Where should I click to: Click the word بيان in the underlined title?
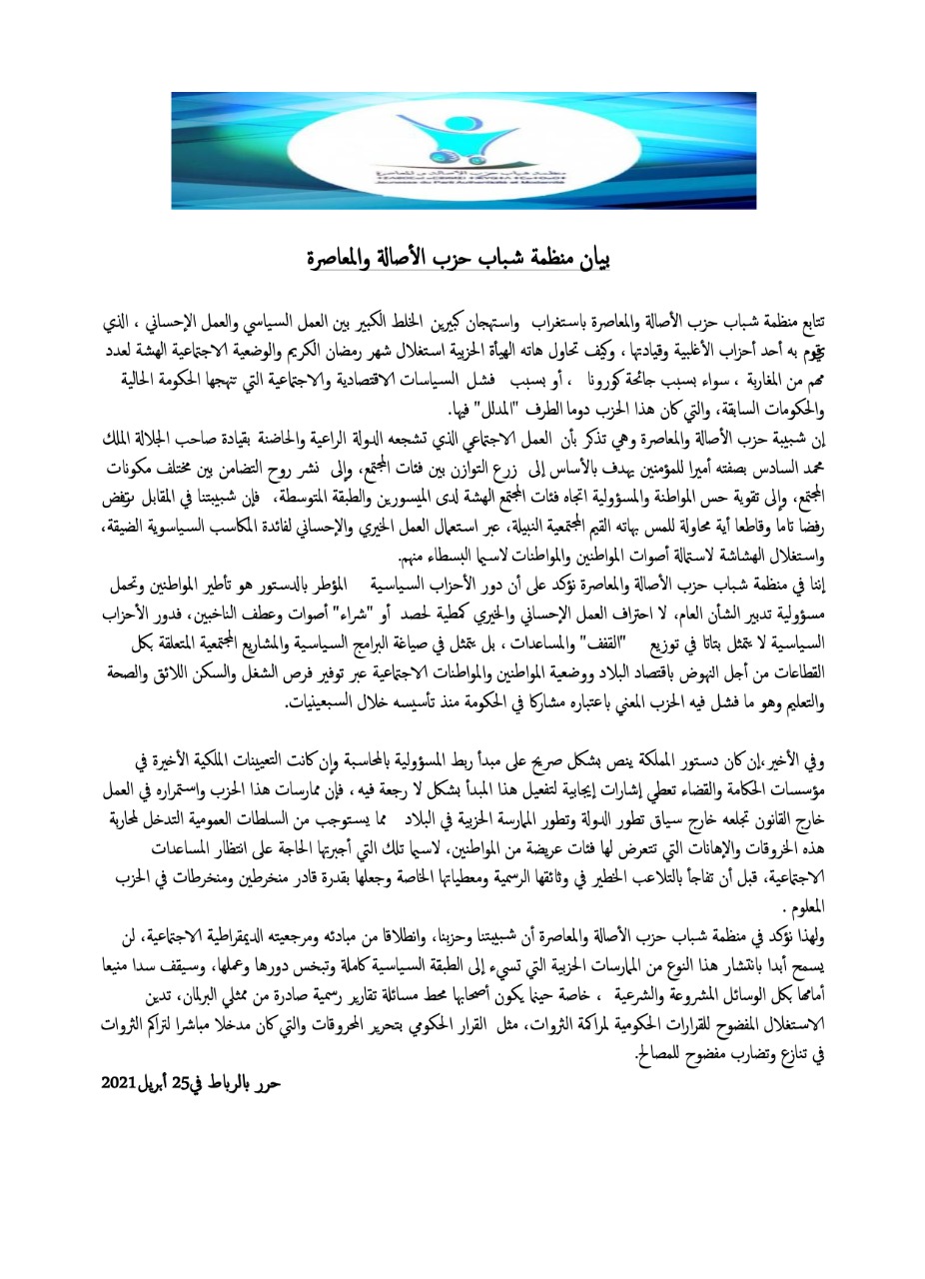(590, 260)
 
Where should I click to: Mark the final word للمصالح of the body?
(659, 1053)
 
